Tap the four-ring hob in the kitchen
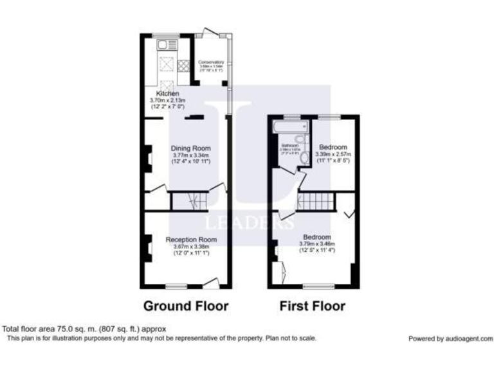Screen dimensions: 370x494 (183, 65)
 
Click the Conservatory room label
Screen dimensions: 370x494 (211, 62)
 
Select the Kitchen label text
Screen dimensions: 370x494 (159, 94)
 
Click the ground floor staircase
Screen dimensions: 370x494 (189, 202)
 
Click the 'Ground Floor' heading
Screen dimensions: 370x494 (185, 306)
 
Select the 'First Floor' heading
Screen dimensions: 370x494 (312, 306)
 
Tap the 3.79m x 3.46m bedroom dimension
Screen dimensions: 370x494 (317, 243)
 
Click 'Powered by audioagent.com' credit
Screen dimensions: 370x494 (450, 339)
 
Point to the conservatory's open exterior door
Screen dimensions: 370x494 (207, 31)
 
